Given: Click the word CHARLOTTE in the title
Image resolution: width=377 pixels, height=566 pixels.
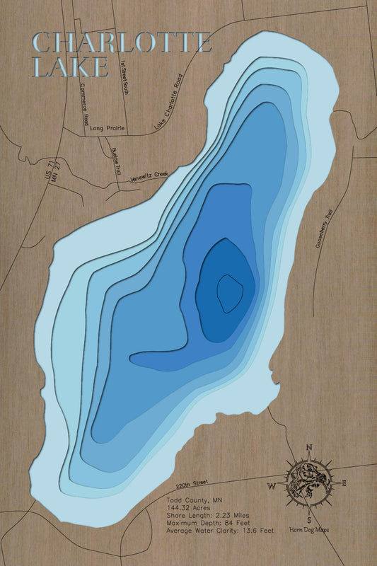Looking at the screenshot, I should tap(122, 42).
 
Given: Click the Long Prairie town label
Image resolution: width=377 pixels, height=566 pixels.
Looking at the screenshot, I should tap(108, 129).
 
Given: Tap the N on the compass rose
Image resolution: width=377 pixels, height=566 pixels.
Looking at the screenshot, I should tap(309, 447).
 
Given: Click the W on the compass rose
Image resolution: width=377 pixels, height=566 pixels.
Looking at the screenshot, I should tap(271, 486).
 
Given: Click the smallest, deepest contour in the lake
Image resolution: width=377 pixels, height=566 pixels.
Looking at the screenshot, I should tap(229, 291).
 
